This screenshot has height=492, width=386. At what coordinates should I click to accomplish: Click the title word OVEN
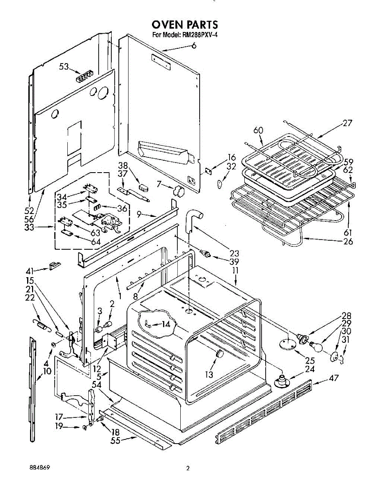point(168,25)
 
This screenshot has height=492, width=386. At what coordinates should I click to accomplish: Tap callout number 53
point(64,66)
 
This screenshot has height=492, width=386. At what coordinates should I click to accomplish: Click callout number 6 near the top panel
point(193,46)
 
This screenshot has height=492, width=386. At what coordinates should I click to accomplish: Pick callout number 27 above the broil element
point(347,123)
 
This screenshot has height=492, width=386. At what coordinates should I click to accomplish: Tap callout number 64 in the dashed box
point(95,242)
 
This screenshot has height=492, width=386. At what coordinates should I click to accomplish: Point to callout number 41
point(30,271)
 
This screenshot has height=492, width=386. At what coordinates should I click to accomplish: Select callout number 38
point(123,165)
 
